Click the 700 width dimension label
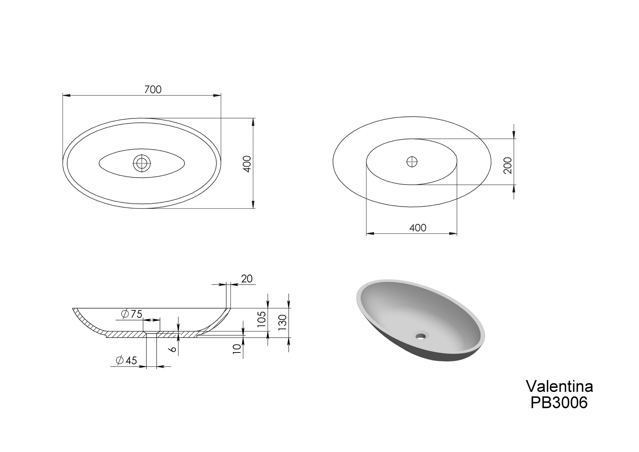click(x=153, y=89)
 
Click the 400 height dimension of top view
click(x=247, y=164)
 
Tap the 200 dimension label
click(x=508, y=165)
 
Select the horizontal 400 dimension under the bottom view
click(x=418, y=228)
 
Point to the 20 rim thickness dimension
click(x=247, y=279)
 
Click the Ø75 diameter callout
click(x=132, y=314)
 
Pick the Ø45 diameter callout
click(x=126, y=361)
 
